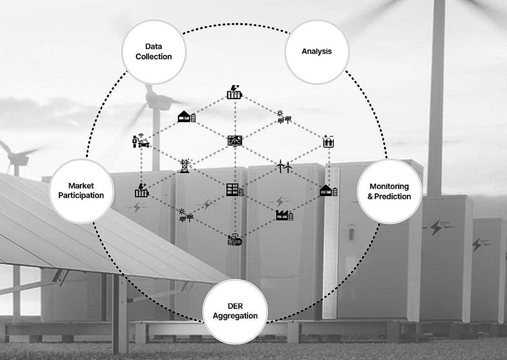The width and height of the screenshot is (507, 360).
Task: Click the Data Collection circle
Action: coord(153,51)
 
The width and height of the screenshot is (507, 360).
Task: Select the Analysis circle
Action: coord(316,51)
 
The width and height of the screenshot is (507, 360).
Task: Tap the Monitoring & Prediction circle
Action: coord(390,191)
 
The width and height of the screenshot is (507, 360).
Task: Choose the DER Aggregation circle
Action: coord(235,311)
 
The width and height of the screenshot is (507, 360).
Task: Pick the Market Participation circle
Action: coord(81,191)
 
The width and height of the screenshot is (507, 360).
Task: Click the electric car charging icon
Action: coord(141,141)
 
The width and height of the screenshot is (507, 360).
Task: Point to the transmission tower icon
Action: coord(184,166)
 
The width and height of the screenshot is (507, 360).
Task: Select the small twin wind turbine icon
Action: coord(284,167)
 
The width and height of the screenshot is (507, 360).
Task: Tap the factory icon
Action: coord(284,215)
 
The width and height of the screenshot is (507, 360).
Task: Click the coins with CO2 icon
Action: coord(234,240)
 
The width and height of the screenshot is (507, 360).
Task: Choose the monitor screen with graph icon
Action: coord(235,140)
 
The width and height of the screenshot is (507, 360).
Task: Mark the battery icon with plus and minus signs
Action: coord(328,142)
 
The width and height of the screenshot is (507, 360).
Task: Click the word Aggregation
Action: coord(235,316)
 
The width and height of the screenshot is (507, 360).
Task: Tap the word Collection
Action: coord(153,57)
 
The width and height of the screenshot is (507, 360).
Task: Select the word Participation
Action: coord(81,196)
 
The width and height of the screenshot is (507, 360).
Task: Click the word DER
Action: coord(235,305)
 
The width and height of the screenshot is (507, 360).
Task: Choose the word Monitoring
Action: coord(390,186)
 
